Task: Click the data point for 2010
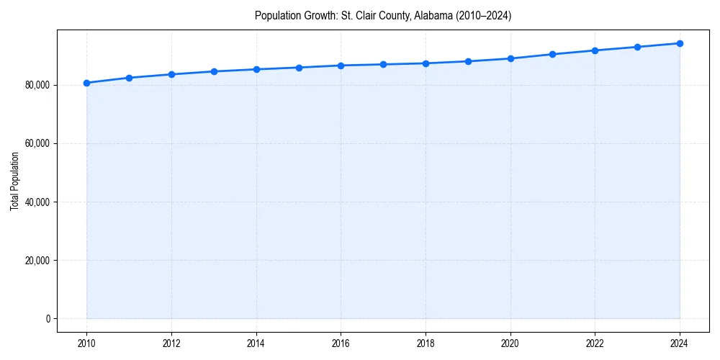click(x=86, y=83)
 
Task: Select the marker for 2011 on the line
click(x=129, y=78)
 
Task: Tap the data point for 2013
click(x=214, y=71)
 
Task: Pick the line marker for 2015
click(x=299, y=68)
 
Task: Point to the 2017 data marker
click(x=383, y=64)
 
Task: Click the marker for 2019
click(x=468, y=61)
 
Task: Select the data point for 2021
click(x=552, y=54)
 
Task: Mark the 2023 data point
click(x=637, y=47)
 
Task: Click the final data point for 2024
click(x=680, y=43)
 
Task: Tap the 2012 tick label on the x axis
click(x=171, y=344)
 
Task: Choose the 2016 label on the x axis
click(x=341, y=344)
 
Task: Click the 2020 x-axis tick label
click(x=510, y=344)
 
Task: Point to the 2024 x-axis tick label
click(x=680, y=344)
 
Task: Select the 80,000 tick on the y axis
click(x=36, y=85)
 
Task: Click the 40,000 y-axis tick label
click(x=36, y=202)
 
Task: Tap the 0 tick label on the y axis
click(x=48, y=318)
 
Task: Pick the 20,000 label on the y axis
click(x=36, y=260)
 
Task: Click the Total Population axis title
click(x=15, y=181)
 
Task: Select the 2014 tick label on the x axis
click(x=256, y=344)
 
